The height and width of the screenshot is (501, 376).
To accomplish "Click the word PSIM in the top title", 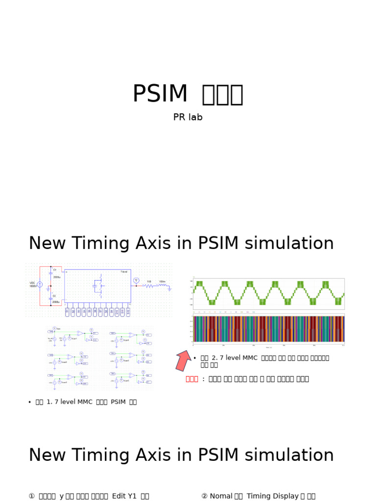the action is pos(160,94).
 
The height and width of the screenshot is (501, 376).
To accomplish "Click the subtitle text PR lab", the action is pos(188,117).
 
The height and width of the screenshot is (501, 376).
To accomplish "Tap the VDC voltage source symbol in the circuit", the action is pos(40,284).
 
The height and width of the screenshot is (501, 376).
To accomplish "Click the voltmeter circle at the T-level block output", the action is pos(137,280).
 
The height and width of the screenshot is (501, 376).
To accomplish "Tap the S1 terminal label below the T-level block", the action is pos(68,311).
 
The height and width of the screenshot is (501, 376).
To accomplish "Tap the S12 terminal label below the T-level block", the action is pos(128,311).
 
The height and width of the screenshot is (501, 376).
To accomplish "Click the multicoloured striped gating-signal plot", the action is pos(269,329).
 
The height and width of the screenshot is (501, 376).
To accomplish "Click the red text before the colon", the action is pos(192,379).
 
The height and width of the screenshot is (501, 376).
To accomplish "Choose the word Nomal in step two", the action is pos(221,496).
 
